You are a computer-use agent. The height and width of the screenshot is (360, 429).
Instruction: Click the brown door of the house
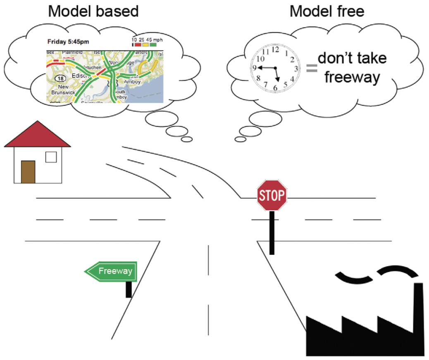(28, 172)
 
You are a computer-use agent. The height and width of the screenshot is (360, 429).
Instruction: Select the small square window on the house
(51, 157)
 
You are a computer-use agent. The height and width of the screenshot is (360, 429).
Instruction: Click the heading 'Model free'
(327, 11)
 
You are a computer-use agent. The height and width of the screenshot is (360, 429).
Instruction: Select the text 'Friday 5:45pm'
(68, 41)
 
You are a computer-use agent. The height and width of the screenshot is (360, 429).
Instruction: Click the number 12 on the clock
(275, 50)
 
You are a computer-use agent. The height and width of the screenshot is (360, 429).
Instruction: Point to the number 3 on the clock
(296, 69)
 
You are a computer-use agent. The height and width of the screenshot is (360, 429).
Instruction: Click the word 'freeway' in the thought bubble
(352, 77)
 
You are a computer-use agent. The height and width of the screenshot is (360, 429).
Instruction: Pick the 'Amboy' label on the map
(132, 81)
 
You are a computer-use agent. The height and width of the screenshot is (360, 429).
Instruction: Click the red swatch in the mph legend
(138, 44)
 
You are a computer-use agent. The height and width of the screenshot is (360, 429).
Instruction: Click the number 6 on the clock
(275, 88)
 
